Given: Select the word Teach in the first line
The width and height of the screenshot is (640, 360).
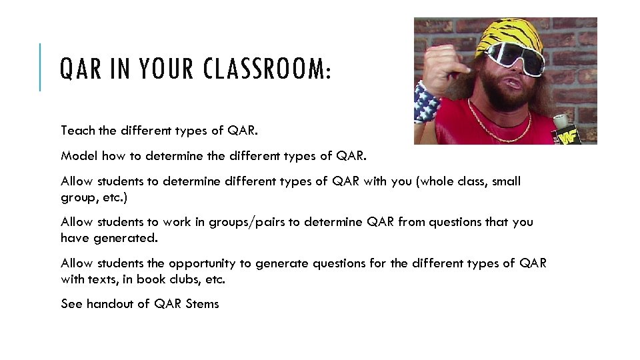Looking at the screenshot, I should click(x=75, y=130).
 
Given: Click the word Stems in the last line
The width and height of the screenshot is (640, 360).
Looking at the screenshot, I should click(x=203, y=304).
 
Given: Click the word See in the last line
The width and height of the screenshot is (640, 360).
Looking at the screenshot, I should click(x=71, y=304).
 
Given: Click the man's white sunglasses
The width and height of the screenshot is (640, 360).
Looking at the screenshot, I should click(x=516, y=58).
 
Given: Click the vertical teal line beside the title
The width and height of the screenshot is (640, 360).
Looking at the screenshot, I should click(x=40, y=67).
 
